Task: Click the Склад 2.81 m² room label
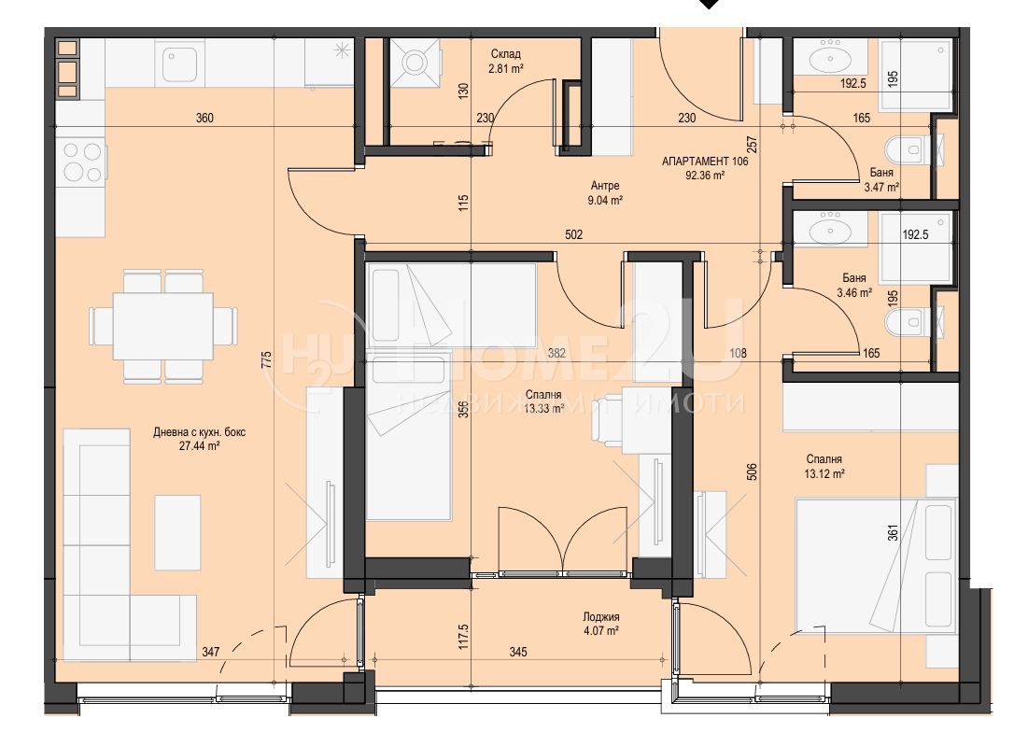tap(506, 61)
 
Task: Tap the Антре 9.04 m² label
tap(605, 193)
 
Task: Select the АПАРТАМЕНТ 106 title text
tap(705, 162)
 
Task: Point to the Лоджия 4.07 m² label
tap(600, 624)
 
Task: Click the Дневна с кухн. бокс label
tap(199, 432)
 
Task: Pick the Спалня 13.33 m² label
tap(543, 401)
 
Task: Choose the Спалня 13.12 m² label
tap(824, 466)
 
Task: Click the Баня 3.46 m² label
tap(854, 285)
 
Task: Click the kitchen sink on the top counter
tap(179, 63)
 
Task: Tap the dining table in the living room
tap(163, 326)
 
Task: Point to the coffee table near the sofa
tap(177, 532)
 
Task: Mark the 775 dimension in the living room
tap(267, 359)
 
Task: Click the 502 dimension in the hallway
tap(573, 234)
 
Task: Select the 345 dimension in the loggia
tap(518, 652)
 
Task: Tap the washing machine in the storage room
tap(415, 62)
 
